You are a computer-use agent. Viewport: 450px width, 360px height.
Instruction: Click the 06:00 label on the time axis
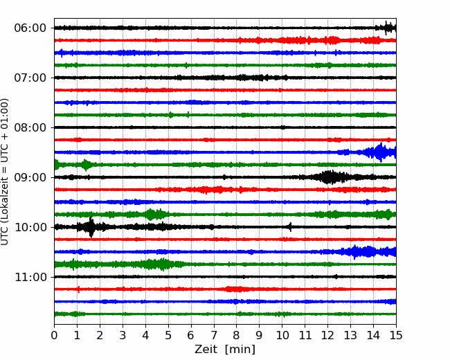pos(30,28)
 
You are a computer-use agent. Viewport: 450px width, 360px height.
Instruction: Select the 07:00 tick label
pos(30,78)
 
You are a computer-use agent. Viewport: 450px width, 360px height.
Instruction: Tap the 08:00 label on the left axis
pos(30,127)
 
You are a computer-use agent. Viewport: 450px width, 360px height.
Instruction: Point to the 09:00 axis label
pos(30,177)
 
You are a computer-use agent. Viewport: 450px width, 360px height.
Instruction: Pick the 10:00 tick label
pos(30,227)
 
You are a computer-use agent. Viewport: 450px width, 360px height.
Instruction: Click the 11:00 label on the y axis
pos(30,277)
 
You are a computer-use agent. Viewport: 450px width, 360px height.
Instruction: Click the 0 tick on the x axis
pos(54,335)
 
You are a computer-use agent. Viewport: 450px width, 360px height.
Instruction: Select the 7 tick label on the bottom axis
pos(214,335)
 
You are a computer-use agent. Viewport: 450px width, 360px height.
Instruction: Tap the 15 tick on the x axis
pos(396,335)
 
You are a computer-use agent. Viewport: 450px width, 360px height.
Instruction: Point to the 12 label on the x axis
pos(327,335)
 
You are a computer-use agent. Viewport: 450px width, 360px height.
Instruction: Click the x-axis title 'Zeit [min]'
pos(225,350)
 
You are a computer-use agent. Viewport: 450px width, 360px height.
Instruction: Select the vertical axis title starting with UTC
pos(5,172)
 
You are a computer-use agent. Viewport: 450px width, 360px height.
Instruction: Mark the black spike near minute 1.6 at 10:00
pos(91,227)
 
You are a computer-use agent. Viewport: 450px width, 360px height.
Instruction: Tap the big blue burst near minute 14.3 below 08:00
pos(380,152)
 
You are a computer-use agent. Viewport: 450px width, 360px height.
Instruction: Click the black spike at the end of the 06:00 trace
pos(388,28)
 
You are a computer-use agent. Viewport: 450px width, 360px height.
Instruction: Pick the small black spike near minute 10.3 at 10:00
pos(290,227)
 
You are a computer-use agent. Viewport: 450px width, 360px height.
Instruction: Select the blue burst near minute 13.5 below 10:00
pos(361,252)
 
